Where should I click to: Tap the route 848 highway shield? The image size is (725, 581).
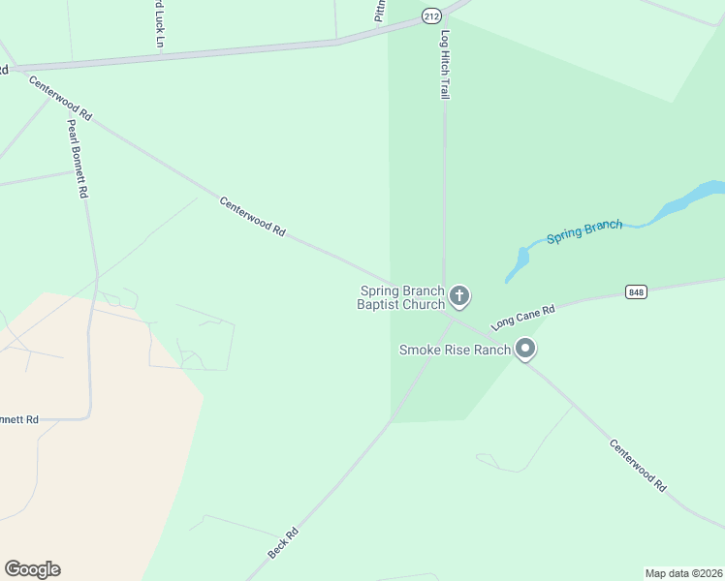click(636, 292)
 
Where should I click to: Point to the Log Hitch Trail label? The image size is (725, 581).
click(445, 64)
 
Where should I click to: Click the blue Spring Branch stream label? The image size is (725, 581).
click(583, 231)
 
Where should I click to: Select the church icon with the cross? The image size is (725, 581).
click(459, 295)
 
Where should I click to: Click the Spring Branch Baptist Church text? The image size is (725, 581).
click(401, 297)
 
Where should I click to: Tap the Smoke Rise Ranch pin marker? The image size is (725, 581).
click(525, 349)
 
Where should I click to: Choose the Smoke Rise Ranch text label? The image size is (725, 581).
click(455, 350)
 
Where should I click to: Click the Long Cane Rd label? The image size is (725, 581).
click(522, 317)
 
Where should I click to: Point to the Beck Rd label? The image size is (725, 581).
click(282, 543)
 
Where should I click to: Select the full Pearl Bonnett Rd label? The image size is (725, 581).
click(78, 159)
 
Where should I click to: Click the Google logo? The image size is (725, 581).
click(32, 569)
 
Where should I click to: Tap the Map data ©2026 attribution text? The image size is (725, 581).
click(683, 573)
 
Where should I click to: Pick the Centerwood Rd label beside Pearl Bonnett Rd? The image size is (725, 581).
click(60, 98)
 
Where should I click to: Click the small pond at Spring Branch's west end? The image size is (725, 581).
click(521, 260)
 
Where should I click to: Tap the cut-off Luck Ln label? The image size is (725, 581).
click(158, 24)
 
